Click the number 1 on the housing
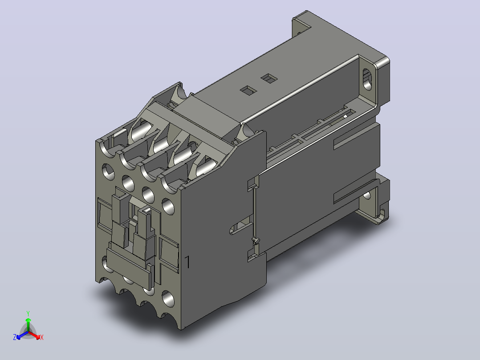[187, 262]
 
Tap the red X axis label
[42, 337]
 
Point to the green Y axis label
[28, 313]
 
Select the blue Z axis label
[15, 337]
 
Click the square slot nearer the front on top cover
[248, 90]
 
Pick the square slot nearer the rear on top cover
[269, 78]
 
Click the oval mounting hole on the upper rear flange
[367, 79]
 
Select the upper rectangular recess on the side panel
[356, 136]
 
